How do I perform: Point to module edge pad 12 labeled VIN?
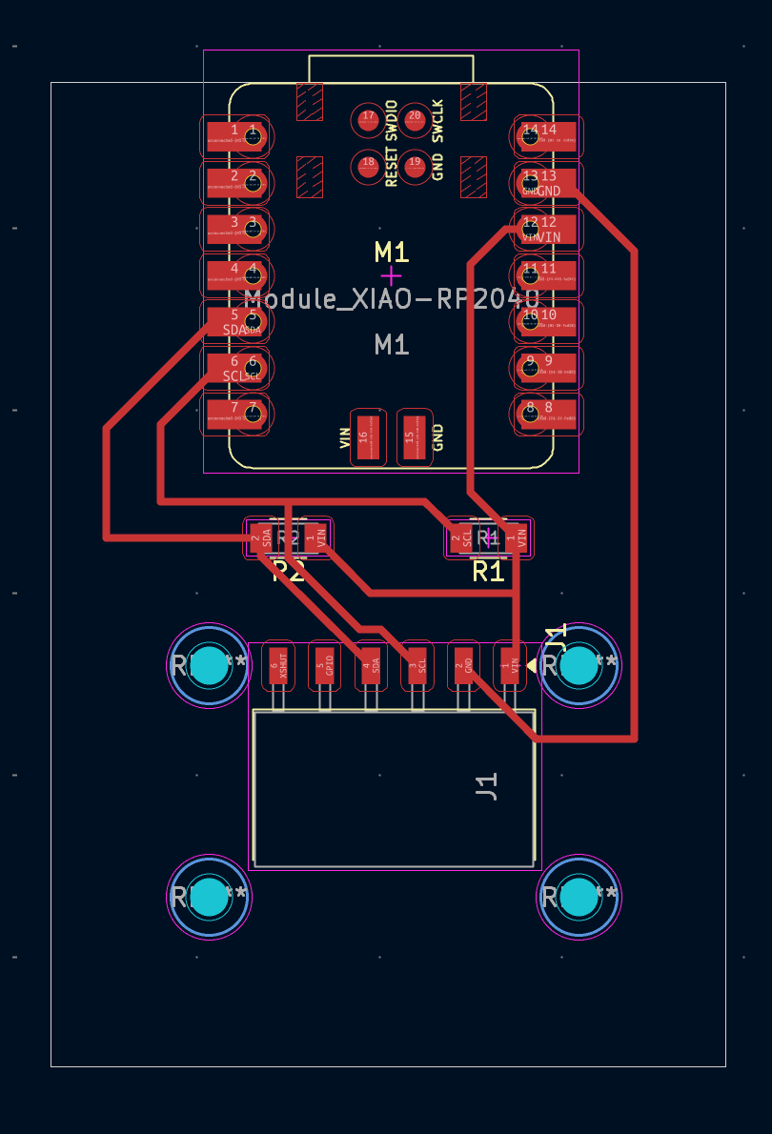click(x=548, y=228)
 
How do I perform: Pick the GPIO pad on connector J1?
click(x=324, y=665)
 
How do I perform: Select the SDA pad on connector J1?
click(x=371, y=665)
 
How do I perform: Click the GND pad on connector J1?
click(x=464, y=665)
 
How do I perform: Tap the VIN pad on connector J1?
click(x=511, y=665)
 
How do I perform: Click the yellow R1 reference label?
click(x=488, y=572)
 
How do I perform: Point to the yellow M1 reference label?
click(x=392, y=253)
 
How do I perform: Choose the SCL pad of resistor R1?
click(x=462, y=538)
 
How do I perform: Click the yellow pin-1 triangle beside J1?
click(x=532, y=664)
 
